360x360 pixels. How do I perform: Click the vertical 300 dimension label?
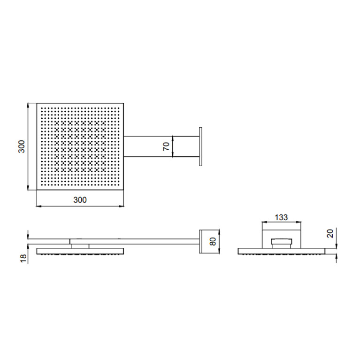tap(21, 146)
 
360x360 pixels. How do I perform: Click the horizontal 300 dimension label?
tap(80, 200)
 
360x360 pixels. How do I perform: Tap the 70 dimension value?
tap(166, 146)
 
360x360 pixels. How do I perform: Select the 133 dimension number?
tap(281, 217)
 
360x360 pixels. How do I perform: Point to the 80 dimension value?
tap(213, 242)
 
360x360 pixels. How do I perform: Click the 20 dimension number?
tap(330, 234)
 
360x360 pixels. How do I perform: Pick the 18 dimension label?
tap(23, 259)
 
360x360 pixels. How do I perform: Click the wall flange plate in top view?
tap(201, 146)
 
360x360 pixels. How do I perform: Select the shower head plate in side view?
tap(80, 251)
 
